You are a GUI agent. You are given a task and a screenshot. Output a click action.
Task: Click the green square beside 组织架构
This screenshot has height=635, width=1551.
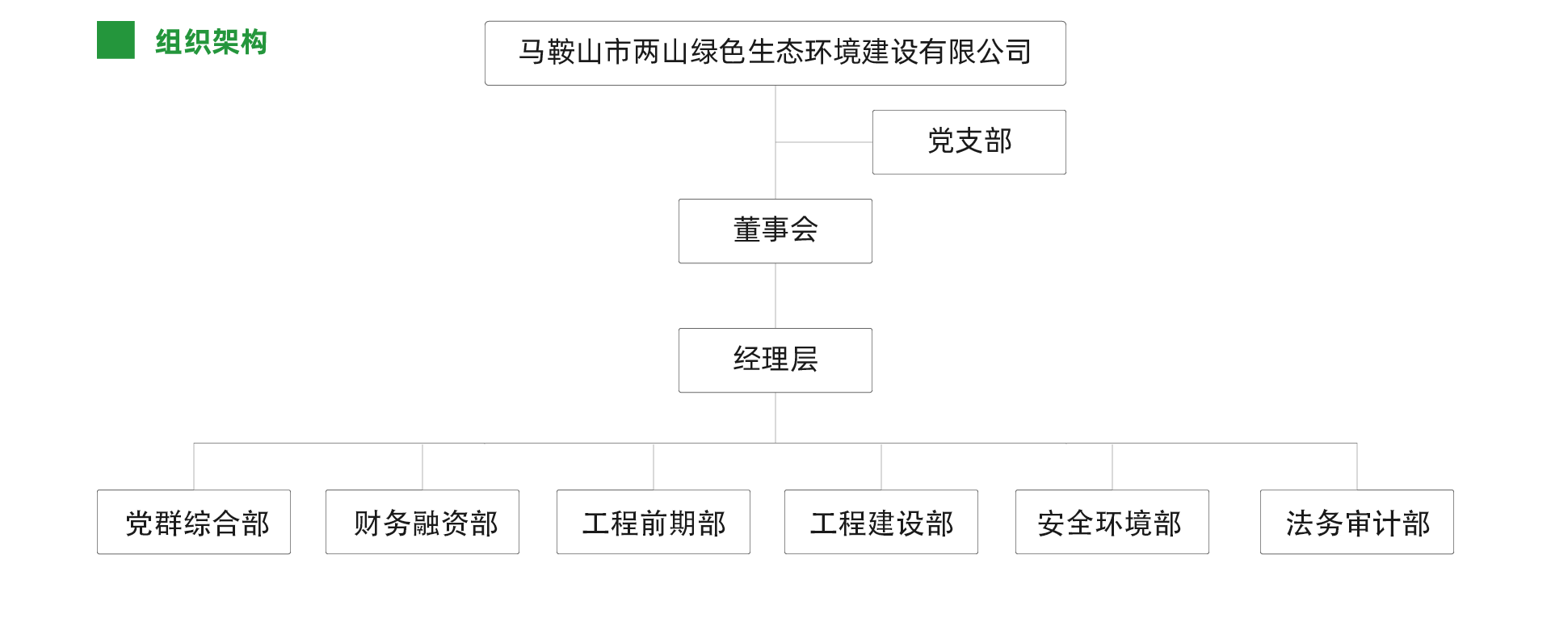pyautogui.click(x=116, y=40)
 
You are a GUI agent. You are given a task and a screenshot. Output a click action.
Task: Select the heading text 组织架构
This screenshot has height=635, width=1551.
pyautogui.click(x=211, y=42)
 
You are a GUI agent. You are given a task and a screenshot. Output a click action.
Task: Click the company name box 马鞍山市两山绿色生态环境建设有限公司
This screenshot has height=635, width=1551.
pyautogui.click(x=775, y=53)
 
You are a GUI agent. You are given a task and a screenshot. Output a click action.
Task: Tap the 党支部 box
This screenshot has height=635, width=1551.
pyautogui.click(x=969, y=142)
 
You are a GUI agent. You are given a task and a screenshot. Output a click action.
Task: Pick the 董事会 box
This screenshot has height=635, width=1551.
pyautogui.click(x=775, y=231)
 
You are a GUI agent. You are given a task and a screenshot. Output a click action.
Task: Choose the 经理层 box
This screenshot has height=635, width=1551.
pyautogui.click(x=775, y=360)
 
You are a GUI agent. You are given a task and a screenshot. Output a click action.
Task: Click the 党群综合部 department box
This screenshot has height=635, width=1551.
pyautogui.click(x=194, y=522)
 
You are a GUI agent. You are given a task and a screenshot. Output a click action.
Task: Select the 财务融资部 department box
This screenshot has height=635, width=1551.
pyautogui.click(x=422, y=522)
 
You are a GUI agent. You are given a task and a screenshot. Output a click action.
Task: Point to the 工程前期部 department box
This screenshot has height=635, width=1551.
pyautogui.click(x=654, y=522)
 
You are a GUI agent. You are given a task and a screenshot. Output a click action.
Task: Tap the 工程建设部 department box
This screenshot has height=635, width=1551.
pyautogui.click(x=881, y=522)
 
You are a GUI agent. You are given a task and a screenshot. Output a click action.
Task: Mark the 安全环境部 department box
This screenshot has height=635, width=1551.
pyautogui.click(x=1112, y=522)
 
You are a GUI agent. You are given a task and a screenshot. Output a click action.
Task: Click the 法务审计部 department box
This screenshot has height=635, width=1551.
pyautogui.click(x=1357, y=522)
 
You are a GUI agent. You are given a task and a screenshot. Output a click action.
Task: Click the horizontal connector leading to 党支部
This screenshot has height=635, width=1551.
pyautogui.click(x=824, y=142)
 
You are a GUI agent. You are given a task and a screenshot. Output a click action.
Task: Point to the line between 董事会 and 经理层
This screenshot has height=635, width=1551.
pyautogui.click(x=775, y=296)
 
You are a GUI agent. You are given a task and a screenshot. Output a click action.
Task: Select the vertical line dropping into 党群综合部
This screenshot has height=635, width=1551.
pyautogui.click(x=194, y=466)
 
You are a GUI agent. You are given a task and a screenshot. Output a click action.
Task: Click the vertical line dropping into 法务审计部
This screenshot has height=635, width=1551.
pyautogui.click(x=1357, y=466)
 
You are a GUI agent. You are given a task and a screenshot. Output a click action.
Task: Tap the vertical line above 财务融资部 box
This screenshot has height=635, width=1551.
pyautogui.click(x=422, y=466)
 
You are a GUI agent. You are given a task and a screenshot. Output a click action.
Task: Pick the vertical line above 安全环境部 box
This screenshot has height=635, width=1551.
pyautogui.click(x=1112, y=466)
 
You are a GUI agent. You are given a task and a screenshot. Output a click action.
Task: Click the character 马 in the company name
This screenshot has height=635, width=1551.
pyautogui.click(x=532, y=52)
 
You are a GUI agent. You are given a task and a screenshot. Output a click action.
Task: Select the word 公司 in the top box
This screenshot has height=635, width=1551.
pyautogui.click(x=1004, y=52)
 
